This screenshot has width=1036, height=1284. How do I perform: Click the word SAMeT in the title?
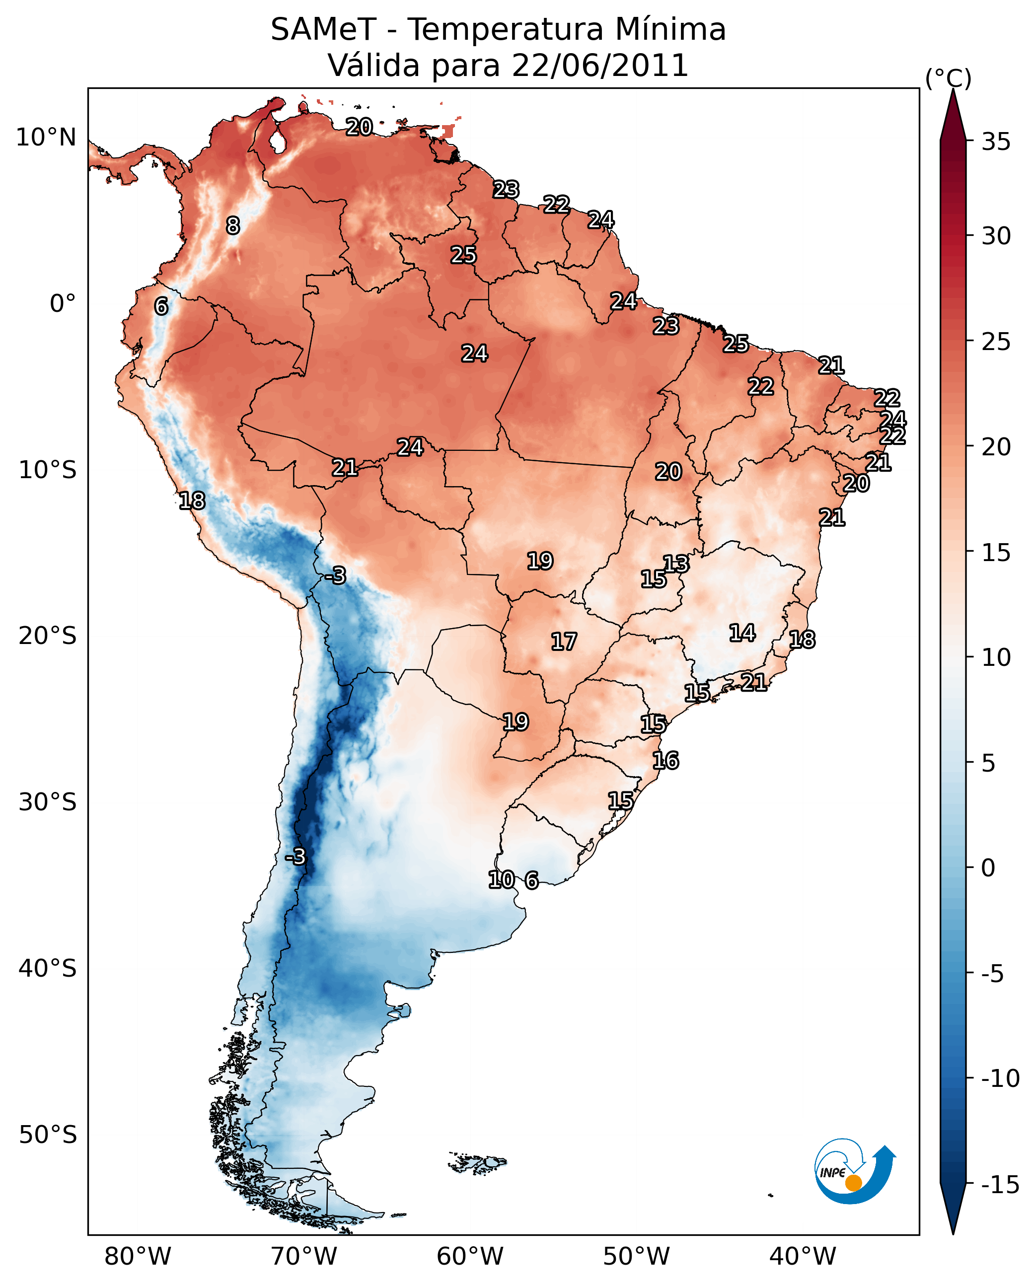(x=323, y=29)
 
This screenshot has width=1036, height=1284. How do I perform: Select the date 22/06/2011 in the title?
(x=600, y=65)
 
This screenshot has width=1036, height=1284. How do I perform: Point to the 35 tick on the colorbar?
(x=996, y=142)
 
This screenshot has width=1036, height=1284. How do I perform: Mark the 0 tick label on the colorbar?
(x=988, y=867)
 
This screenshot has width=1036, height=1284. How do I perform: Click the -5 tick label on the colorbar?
(x=992, y=974)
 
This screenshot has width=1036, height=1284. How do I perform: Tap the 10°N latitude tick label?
(x=46, y=138)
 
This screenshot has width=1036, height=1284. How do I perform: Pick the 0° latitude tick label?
(x=63, y=304)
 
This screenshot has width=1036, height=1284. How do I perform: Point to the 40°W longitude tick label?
(x=803, y=1257)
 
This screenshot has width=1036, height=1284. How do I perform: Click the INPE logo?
(x=855, y=1171)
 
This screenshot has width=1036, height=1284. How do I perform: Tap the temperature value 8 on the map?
(x=233, y=225)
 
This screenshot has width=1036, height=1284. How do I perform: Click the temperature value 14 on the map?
(x=742, y=633)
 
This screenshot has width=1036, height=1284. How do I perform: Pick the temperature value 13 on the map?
(x=676, y=564)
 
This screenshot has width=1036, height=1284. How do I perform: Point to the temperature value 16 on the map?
(x=666, y=761)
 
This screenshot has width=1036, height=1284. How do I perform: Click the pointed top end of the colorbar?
(x=953, y=89)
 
